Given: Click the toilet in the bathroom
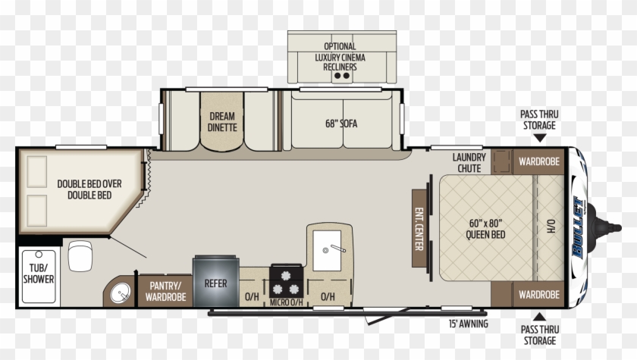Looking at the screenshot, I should click(80, 256).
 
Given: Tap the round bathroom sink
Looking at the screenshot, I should click(120, 291).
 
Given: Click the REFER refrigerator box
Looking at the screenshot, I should click(215, 283).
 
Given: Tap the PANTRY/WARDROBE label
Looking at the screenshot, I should click(165, 291).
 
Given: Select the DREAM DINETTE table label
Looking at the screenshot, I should click(223, 121).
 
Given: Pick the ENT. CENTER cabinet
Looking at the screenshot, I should click(418, 227).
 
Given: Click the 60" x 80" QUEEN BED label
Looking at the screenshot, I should click(485, 228).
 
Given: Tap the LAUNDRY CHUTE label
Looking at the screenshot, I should click(469, 162).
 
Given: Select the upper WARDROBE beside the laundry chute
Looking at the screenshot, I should click(538, 161).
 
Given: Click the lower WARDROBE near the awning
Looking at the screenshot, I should click(538, 294).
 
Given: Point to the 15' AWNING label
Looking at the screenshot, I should click(468, 324).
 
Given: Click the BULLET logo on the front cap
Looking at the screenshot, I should click(581, 227).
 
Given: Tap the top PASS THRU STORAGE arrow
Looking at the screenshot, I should click(539, 139).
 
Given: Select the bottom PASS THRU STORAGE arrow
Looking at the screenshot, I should click(539, 316).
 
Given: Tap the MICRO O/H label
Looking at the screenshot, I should click(287, 304).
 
